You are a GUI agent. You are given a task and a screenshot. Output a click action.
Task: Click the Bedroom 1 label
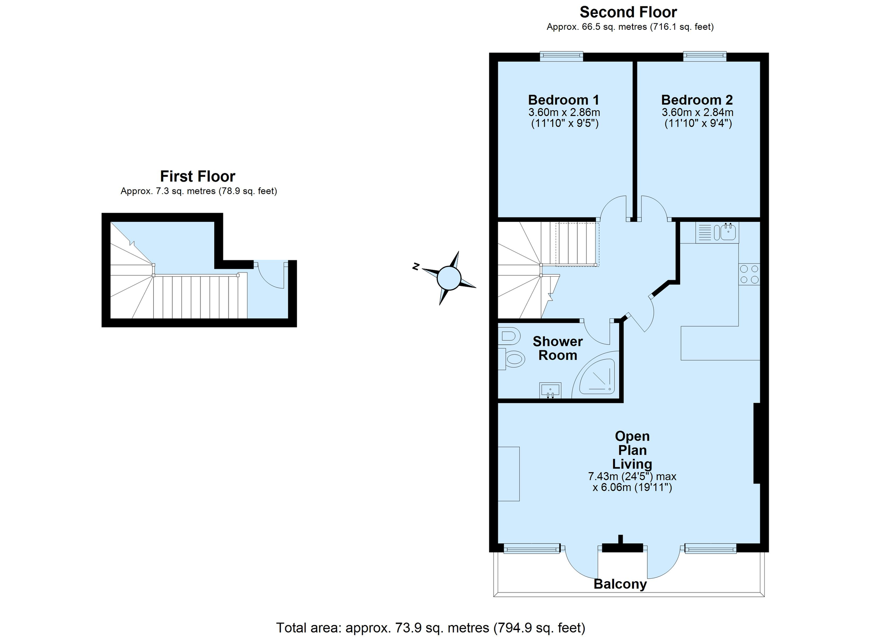click(563, 100)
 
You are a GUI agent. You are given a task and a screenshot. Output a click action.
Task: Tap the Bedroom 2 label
click(697, 100)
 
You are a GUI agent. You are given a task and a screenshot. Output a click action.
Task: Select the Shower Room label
click(557, 348)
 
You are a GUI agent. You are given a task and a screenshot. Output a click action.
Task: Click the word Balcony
click(620, 584)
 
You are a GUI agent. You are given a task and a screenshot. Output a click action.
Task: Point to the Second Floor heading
click(628, 12)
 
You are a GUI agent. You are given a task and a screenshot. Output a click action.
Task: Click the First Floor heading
click(198, 176)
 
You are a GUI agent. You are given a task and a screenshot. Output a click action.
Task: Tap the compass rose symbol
click(449, 278)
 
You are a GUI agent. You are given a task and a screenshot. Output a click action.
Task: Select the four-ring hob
click(749, 274)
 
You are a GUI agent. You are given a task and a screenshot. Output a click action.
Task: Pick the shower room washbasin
click(550, 390)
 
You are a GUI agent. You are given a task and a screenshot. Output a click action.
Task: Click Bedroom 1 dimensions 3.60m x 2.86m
click(564, 112)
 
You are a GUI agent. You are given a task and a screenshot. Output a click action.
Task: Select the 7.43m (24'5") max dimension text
click(632, 477)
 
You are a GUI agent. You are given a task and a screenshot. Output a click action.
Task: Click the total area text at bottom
click(431, 627)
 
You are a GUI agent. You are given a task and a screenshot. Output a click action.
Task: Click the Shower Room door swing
click(597, 333)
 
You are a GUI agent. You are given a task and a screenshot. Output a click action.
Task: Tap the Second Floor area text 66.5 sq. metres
click(630, 27)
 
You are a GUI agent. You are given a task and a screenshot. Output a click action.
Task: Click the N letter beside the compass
click(416, 266)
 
